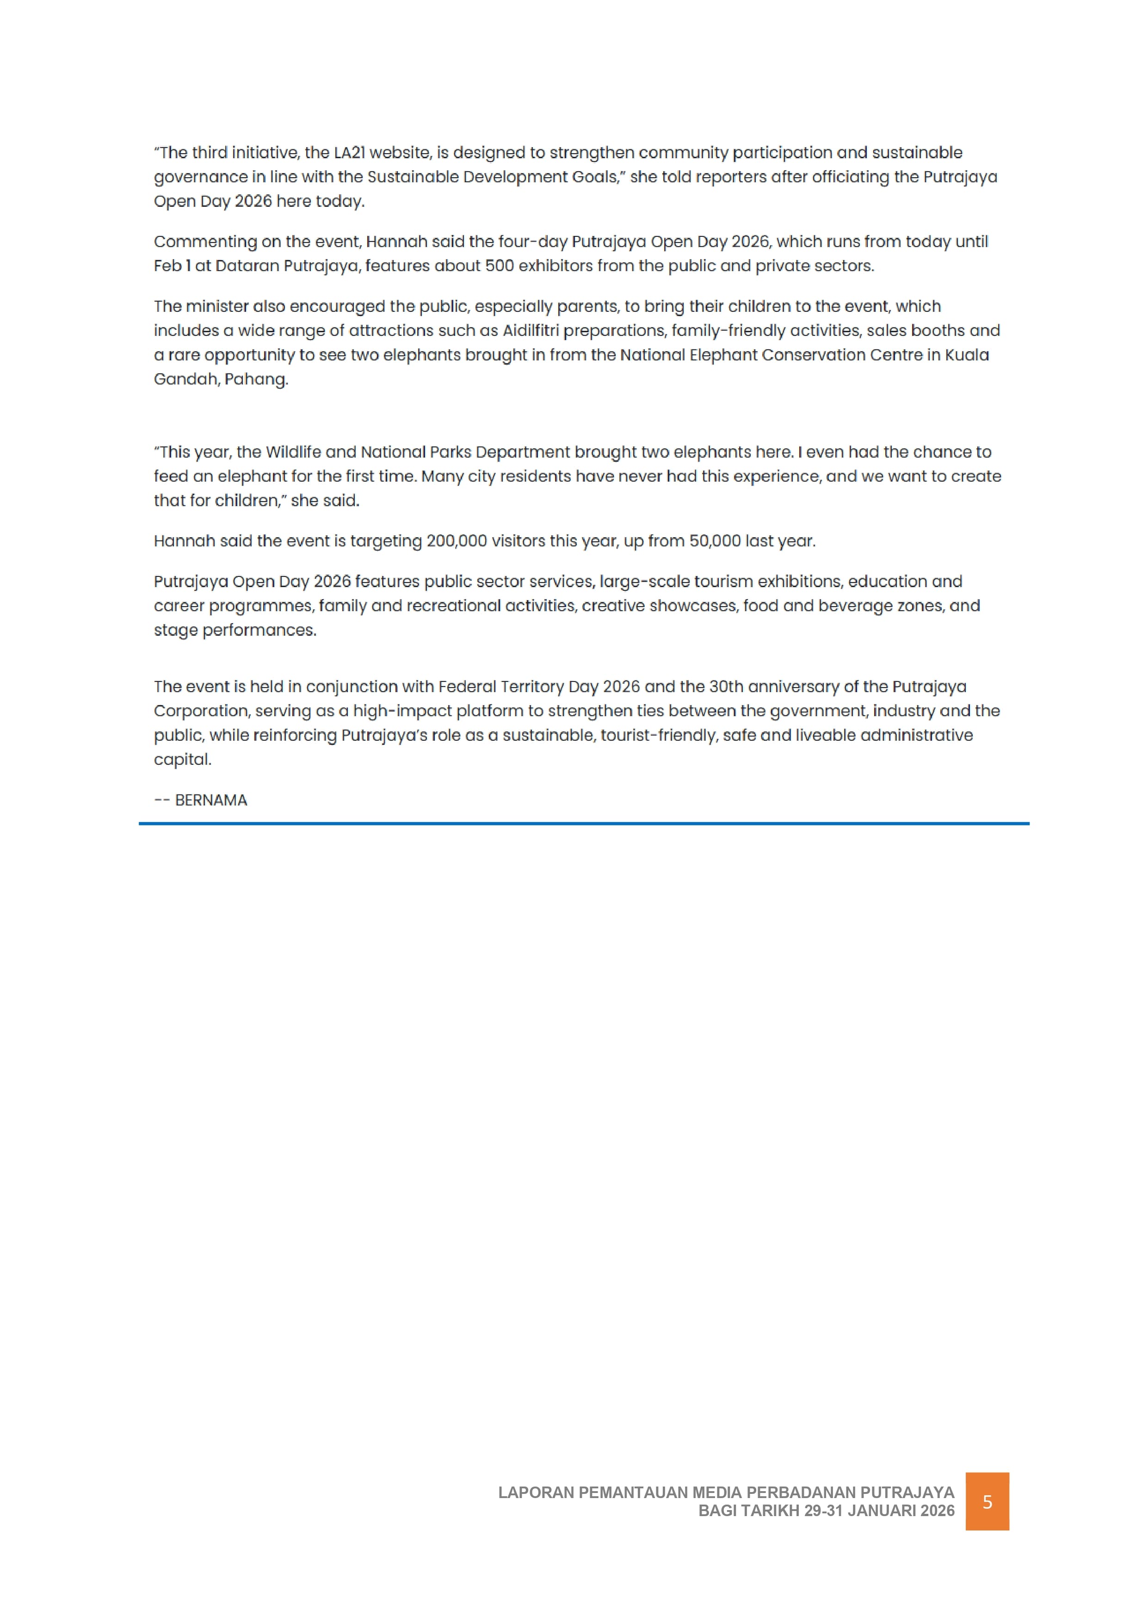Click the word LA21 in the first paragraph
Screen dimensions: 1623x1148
352,153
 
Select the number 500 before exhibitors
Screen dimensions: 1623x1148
499,266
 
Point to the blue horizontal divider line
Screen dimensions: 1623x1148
584,824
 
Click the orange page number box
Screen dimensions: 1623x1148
987,1502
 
